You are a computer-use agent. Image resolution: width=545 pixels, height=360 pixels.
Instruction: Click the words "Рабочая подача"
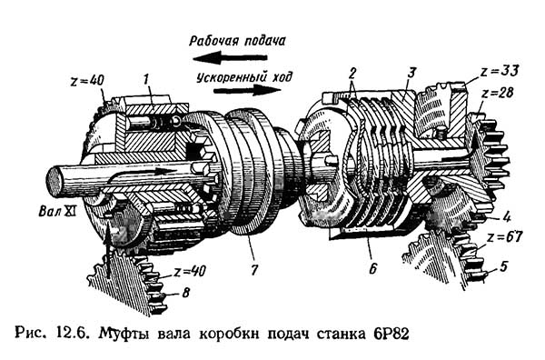click(x=237, y=41)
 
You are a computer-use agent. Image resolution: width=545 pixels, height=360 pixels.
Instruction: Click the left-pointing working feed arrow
click(x=230, y=58)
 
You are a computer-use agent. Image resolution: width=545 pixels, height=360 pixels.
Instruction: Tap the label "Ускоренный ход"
click(x=244, y=77)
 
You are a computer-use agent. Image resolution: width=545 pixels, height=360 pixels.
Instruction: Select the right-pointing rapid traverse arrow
click(x=247, y=90)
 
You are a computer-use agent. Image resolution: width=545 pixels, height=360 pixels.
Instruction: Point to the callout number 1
click(x=146, y=79)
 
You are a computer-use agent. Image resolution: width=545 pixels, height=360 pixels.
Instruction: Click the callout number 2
click(x=352, y=74)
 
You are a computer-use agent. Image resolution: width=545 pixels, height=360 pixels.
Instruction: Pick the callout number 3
click(x=411, y=73)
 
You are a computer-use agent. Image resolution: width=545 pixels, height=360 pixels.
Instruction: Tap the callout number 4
click(x=507, y=217)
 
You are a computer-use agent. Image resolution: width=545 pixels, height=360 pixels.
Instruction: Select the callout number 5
click(x=503, y=266)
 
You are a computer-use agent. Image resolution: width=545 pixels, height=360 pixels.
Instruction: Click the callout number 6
click(x=372, y=268)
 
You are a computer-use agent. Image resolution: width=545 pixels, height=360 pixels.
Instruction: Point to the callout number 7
click(x=254, y=270)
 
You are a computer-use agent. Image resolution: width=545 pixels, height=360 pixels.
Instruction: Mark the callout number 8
click(x=186, y=293)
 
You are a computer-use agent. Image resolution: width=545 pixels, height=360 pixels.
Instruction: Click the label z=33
click(x=500, y=71)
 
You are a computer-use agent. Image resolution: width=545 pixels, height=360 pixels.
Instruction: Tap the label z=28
click(x=498, y=94)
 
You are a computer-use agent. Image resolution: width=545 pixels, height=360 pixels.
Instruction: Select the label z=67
click(x=504, y=237)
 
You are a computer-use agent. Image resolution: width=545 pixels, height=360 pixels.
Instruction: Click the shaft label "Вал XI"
click(x=57, y=212)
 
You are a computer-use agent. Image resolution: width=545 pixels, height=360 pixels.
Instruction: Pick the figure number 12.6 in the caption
click(x=69, y=334)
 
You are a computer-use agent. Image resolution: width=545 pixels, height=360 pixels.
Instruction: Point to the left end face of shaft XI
click(x=54, y=182)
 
